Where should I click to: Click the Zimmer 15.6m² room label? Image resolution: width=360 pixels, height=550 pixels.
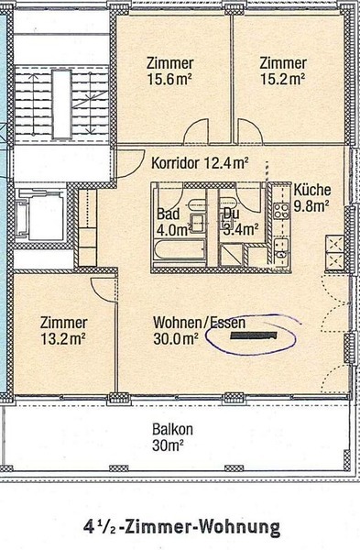coord(169,71)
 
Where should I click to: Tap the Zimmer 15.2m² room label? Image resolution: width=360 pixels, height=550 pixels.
coord(281,71)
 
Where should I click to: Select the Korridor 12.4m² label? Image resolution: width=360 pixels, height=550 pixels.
coord(200,164)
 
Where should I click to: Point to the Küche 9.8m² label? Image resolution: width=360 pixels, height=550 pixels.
coord(311,198)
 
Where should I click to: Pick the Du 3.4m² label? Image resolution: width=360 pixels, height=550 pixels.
coord(240,223)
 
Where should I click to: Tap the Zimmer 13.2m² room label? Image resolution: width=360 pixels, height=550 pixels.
coord(63,331)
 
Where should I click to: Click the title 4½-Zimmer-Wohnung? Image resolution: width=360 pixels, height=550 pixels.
coord(180,526)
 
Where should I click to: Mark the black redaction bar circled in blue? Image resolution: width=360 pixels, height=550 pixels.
coord(251,337)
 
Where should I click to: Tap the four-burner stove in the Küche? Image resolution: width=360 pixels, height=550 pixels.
coord(279,211)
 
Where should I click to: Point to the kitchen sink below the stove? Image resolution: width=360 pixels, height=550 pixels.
coord(280,247)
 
